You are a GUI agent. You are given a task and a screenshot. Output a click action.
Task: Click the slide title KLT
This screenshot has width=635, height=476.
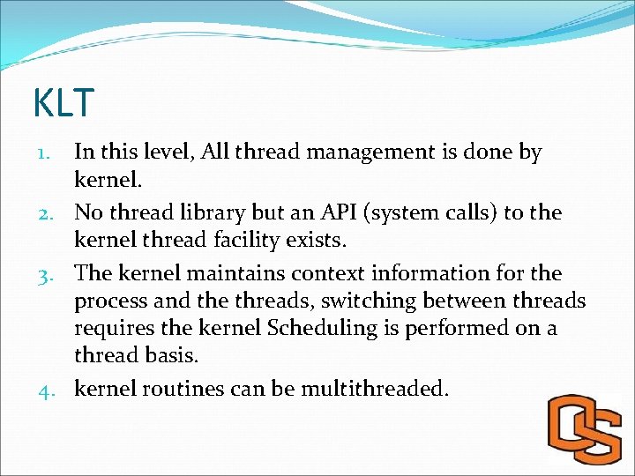pos(63,103)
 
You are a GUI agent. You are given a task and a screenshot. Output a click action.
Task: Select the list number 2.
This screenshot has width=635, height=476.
pos(51,213)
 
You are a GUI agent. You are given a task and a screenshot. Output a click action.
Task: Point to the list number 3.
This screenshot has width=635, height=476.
pos(51,274)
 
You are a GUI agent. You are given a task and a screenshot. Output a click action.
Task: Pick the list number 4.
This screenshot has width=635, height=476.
pos(51,389)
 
